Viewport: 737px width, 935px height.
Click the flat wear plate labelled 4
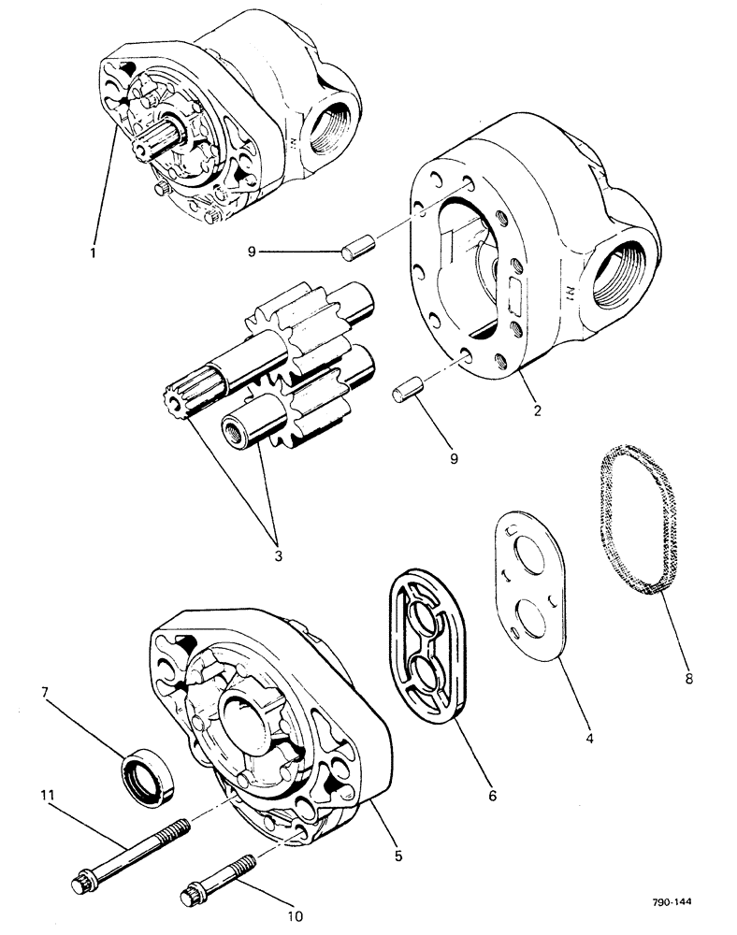[530, 585]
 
